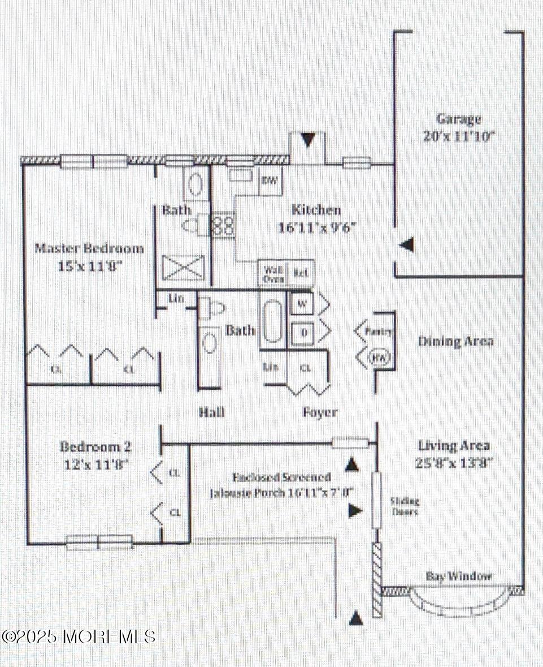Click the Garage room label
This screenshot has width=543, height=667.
(458, 119)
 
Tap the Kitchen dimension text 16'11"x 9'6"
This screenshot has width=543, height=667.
(316, 228)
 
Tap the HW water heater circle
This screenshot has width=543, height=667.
(377, 358)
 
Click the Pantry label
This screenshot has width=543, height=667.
(378, 332)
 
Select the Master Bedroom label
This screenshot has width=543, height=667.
(89, 248)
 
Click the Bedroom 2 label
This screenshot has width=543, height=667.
(95, 447)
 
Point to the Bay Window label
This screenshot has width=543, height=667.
(459, 576)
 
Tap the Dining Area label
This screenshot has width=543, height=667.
(455, 341)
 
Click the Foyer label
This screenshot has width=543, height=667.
(320, 412)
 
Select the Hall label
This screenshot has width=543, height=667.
(212, 412)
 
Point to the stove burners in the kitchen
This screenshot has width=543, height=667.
(223, 224)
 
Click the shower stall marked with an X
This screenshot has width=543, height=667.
(182, 268)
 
